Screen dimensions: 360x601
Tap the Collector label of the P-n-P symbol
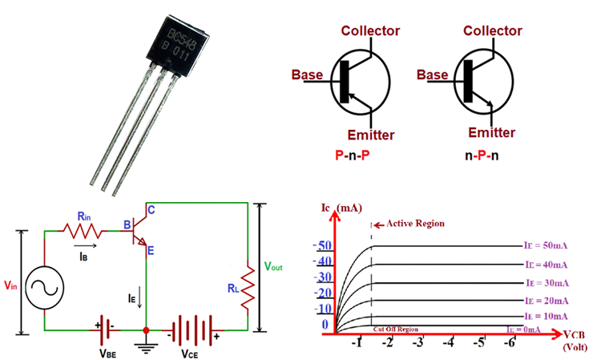pos(370,30)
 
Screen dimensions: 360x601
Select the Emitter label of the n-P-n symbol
pos(490,132)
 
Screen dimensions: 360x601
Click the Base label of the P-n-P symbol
pos(307,75)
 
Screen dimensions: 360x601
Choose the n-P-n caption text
pos(482,153)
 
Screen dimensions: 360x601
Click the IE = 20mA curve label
pos(547,301)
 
